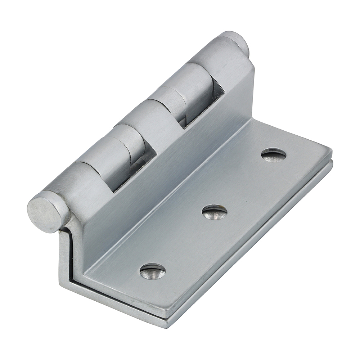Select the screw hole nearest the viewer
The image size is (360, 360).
click(153, 271)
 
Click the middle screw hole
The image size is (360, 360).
click(215, 212)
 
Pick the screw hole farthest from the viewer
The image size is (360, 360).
click(274, 155)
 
